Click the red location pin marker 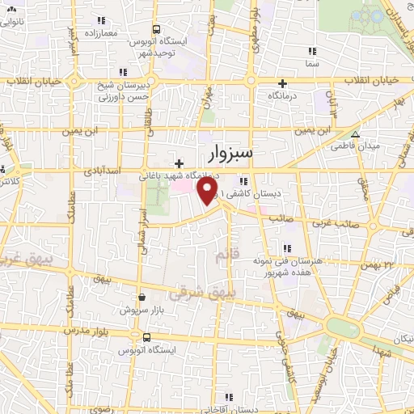point(209,190)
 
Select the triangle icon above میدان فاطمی point(354,134)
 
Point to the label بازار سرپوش point(142,310)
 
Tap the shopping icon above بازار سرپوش point(142,298)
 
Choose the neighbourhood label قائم point(228,256)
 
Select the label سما point(312,63)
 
